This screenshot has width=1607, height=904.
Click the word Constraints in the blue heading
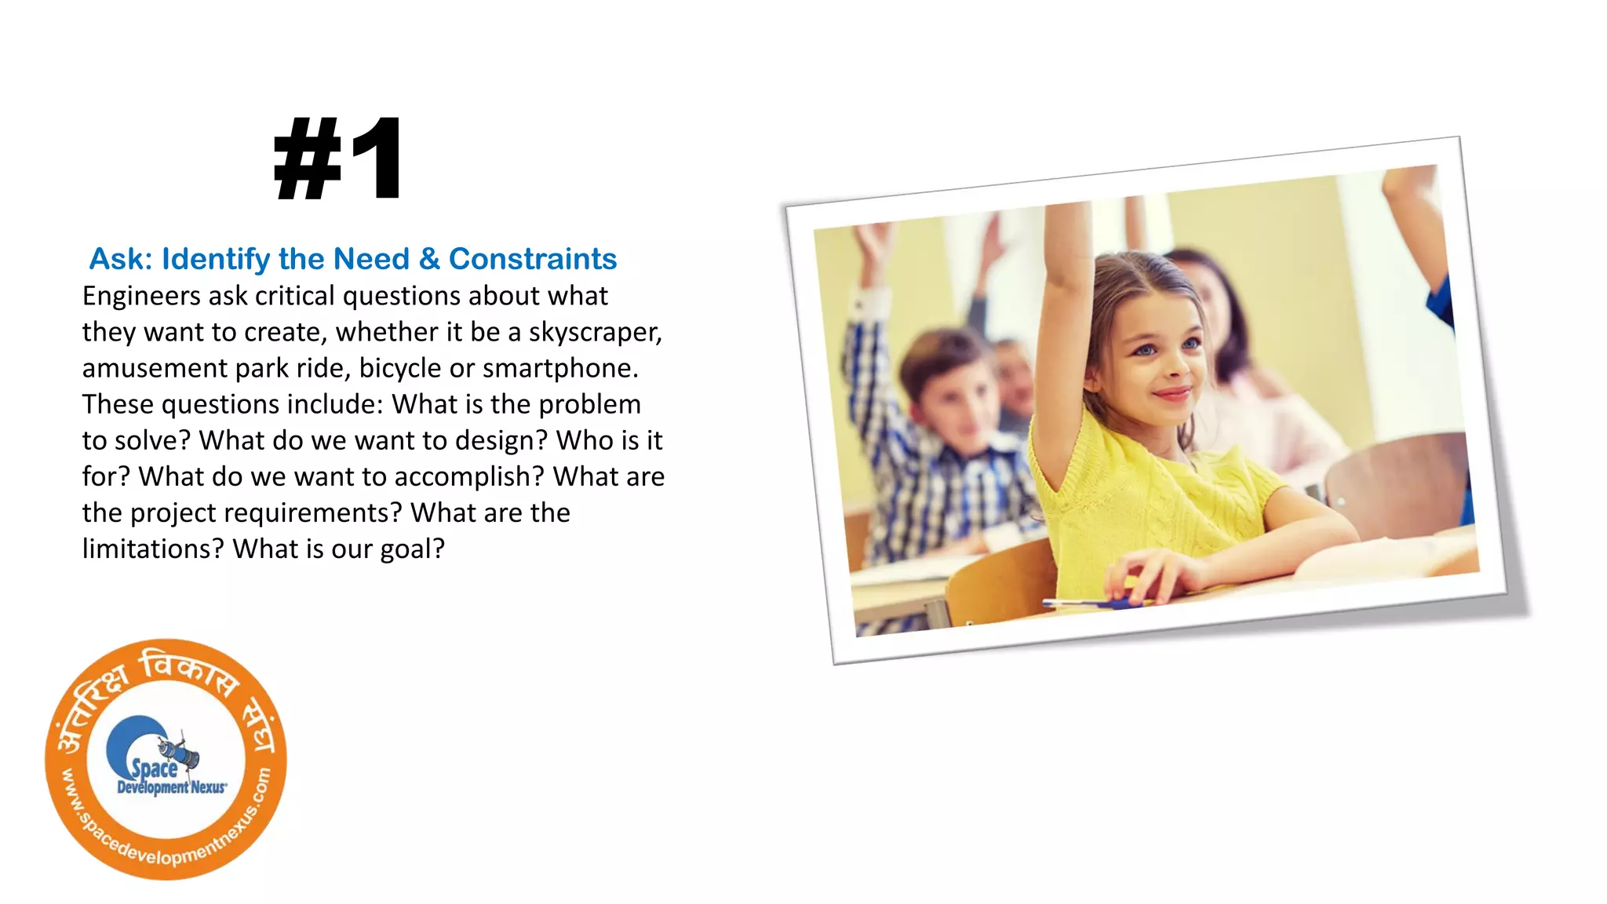click(532, 259)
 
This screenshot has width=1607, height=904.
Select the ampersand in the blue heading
click(428, 259)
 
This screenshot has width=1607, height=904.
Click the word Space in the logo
click(154, 768)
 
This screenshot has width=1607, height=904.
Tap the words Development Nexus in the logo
click(171, 787)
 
